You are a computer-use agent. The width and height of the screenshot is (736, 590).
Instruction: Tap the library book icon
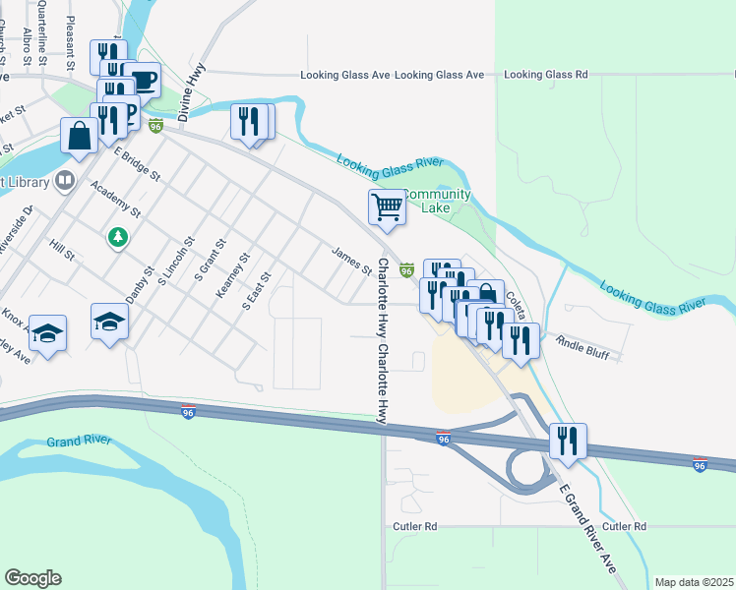click(65, 180)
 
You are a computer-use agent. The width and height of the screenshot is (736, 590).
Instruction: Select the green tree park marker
click(118, 238)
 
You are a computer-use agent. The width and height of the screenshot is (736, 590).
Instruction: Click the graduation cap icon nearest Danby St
click(110, 321)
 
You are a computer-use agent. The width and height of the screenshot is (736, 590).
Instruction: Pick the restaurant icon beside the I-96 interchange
click(567, 440)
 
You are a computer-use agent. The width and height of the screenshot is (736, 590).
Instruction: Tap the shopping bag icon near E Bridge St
click(80, 135)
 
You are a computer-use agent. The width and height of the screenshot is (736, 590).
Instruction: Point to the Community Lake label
click(434, 201)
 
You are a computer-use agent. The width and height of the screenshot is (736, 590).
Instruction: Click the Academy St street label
click(115, 198)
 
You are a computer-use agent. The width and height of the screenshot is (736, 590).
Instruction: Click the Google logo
click(32, 577)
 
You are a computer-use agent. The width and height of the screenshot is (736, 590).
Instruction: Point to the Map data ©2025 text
click(693, 582)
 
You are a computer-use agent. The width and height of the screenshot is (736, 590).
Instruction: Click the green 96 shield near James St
click(406, 268)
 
